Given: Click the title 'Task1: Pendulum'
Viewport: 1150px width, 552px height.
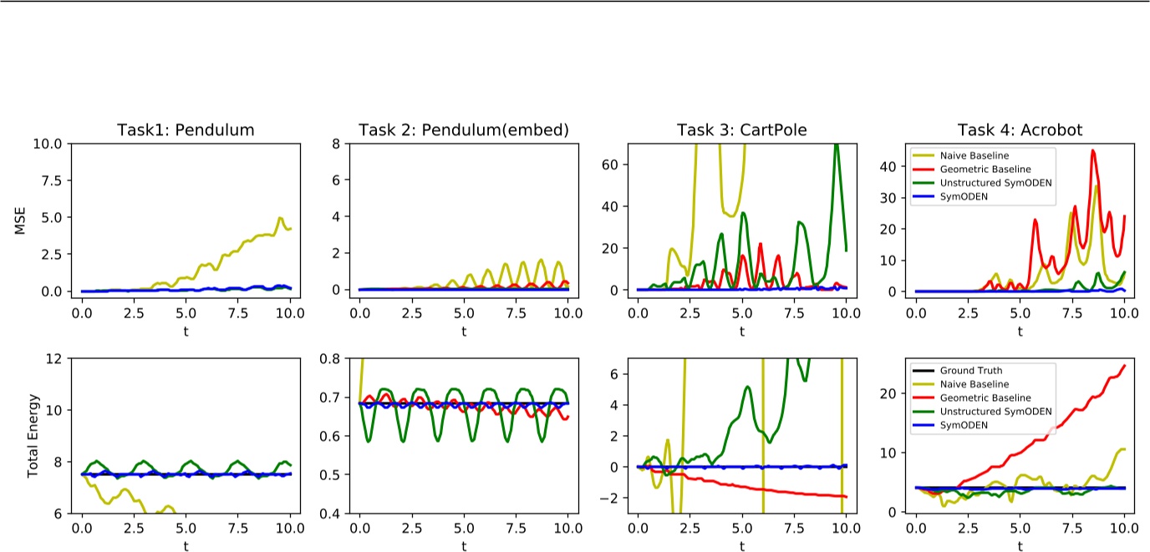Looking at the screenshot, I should (186, 129).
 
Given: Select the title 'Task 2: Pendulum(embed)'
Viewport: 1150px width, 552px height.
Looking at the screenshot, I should (464, 129).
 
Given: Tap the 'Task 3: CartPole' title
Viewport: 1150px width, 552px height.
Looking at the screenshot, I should (742, 129).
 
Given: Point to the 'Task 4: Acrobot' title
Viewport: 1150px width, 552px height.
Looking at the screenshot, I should (1020, 129).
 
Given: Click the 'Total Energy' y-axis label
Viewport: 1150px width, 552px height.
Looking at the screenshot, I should (34, 435).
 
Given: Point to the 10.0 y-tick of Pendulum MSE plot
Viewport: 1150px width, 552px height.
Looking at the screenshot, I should (54, 143).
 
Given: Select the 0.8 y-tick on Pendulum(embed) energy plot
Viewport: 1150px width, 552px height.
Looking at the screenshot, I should (337, 358).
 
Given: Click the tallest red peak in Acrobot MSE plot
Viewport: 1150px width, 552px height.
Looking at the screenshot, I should (1092, 151).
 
